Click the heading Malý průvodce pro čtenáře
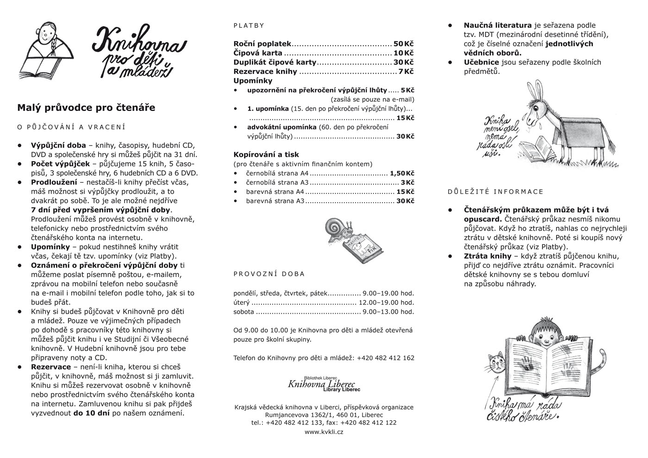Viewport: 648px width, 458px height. click(x=86, y=108)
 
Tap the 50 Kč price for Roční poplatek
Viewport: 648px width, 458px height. click(x=403, y=44)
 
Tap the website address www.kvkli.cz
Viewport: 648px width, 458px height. click(x=324, y=432)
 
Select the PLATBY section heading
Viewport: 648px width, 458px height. click(x=249, y=26)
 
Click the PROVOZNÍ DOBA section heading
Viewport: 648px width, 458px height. click(x=269, y=274)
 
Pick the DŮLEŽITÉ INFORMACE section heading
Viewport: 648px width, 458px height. click(x=496, y=192)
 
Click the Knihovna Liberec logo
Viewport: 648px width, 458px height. click(x=324, y=384)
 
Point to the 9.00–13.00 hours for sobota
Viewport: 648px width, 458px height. click(x=388, y=312)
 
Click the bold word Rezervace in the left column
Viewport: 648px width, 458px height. click(x=51, y=367)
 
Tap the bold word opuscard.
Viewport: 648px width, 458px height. click(x=483, y=219)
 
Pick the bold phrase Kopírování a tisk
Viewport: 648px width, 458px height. click(x=266, y=155)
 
